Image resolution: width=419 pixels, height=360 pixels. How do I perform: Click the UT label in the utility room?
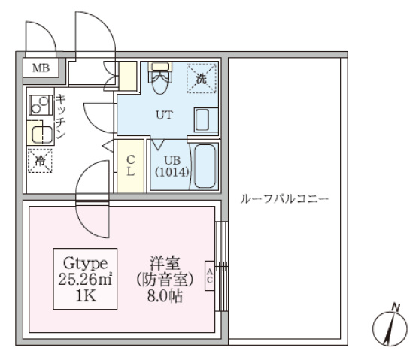[x=164, y=115]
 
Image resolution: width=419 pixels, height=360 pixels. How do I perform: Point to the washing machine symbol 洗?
[x=201, y=77]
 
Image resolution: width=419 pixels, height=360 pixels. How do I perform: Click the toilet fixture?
[x=159, y=79]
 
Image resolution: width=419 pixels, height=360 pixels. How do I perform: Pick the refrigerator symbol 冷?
[x=38, y=159]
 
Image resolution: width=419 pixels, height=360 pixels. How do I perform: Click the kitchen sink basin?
[x=40, y=134]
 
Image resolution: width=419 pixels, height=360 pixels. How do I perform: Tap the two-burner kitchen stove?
[x=39, y=104]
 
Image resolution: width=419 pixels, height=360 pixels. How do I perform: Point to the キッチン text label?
[x=60, y=116]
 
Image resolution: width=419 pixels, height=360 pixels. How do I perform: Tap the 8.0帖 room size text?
[x=167, y=295]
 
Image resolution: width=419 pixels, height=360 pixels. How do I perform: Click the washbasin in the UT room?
[x=203, y=119]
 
